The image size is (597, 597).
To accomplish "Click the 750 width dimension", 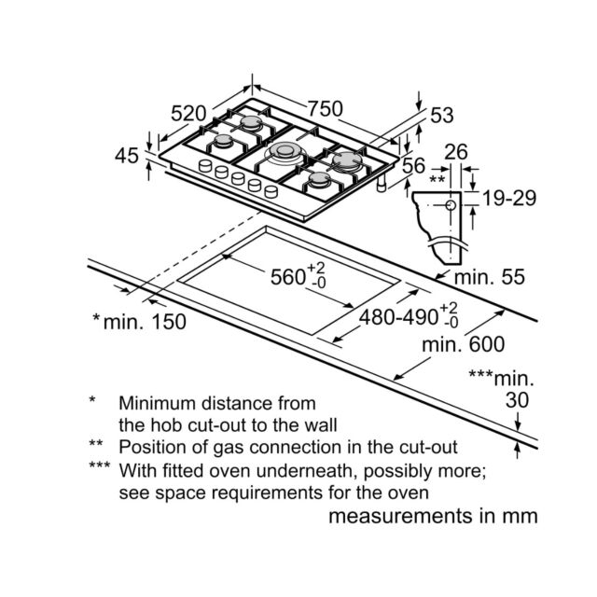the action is pos(326,109).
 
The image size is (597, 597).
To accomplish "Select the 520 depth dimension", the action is pos(188,114).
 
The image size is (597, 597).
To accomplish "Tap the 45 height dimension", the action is pos(127,156).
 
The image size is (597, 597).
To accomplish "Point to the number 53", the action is pos(442,116).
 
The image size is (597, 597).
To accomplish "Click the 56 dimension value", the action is pos(413,166).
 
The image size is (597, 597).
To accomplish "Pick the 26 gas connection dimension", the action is pos(456,152).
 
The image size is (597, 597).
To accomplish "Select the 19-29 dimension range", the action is pos(509,199).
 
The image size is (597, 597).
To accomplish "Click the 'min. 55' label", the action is pos(490,277).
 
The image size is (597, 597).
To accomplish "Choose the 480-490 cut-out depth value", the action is pos(398,317).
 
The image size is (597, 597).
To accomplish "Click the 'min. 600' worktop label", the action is pos(463,344).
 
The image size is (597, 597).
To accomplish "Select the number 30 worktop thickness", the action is pos(517,400).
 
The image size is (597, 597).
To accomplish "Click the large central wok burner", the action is pos(285,152).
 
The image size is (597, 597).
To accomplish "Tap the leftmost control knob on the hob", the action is pos(205,166).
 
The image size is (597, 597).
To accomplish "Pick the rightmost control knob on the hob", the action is pos(271,191).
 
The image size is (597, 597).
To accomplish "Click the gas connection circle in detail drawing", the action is pos(451,205).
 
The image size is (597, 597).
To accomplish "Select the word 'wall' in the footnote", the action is pos(321,425).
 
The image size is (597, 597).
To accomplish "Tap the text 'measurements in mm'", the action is pos(433,517).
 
